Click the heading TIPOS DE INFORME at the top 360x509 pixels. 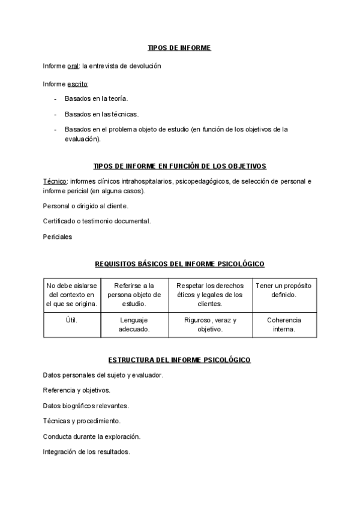179,48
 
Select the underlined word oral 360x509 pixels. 74,66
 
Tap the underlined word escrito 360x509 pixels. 77,84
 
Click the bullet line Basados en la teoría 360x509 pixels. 96,98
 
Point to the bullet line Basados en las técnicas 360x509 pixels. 101,113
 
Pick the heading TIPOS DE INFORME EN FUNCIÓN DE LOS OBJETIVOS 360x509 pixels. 180,166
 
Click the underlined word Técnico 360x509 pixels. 55,181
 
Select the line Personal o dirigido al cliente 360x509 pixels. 86,206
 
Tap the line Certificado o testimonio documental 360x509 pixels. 97,221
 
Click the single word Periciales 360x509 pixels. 58,236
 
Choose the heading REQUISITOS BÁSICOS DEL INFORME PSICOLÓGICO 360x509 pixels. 180,264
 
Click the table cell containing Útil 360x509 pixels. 71,321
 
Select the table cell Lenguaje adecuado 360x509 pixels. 134,325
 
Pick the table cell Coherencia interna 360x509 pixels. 284,325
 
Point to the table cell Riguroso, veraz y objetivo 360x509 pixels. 210,325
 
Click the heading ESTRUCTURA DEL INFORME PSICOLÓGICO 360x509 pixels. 179,360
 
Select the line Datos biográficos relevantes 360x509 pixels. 86,406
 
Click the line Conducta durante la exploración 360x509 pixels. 92,436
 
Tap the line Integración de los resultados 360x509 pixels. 86,451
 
